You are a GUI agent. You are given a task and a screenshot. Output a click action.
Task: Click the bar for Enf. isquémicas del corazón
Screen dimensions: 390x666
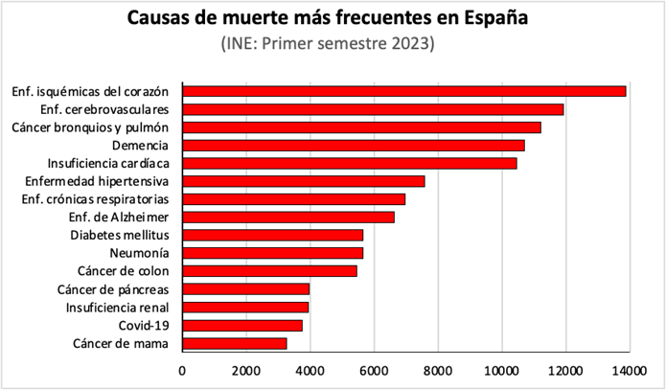404,91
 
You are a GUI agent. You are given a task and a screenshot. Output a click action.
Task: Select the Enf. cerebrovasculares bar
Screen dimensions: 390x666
374,109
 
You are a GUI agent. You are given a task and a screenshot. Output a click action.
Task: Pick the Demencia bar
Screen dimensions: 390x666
354,145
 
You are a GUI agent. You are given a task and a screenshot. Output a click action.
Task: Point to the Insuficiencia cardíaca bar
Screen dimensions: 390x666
350,163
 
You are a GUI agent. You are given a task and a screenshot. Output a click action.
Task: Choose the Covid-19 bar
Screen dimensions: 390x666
242,325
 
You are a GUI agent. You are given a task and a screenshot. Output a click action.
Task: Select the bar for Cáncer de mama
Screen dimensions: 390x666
235,343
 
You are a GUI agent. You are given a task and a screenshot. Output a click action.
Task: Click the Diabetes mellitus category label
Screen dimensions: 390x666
120,235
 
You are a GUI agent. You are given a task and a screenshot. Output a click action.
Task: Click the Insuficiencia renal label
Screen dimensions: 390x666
117,307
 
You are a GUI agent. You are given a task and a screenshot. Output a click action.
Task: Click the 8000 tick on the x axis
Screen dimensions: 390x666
437,369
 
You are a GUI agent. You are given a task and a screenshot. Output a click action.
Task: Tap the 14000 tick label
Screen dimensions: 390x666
628,369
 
